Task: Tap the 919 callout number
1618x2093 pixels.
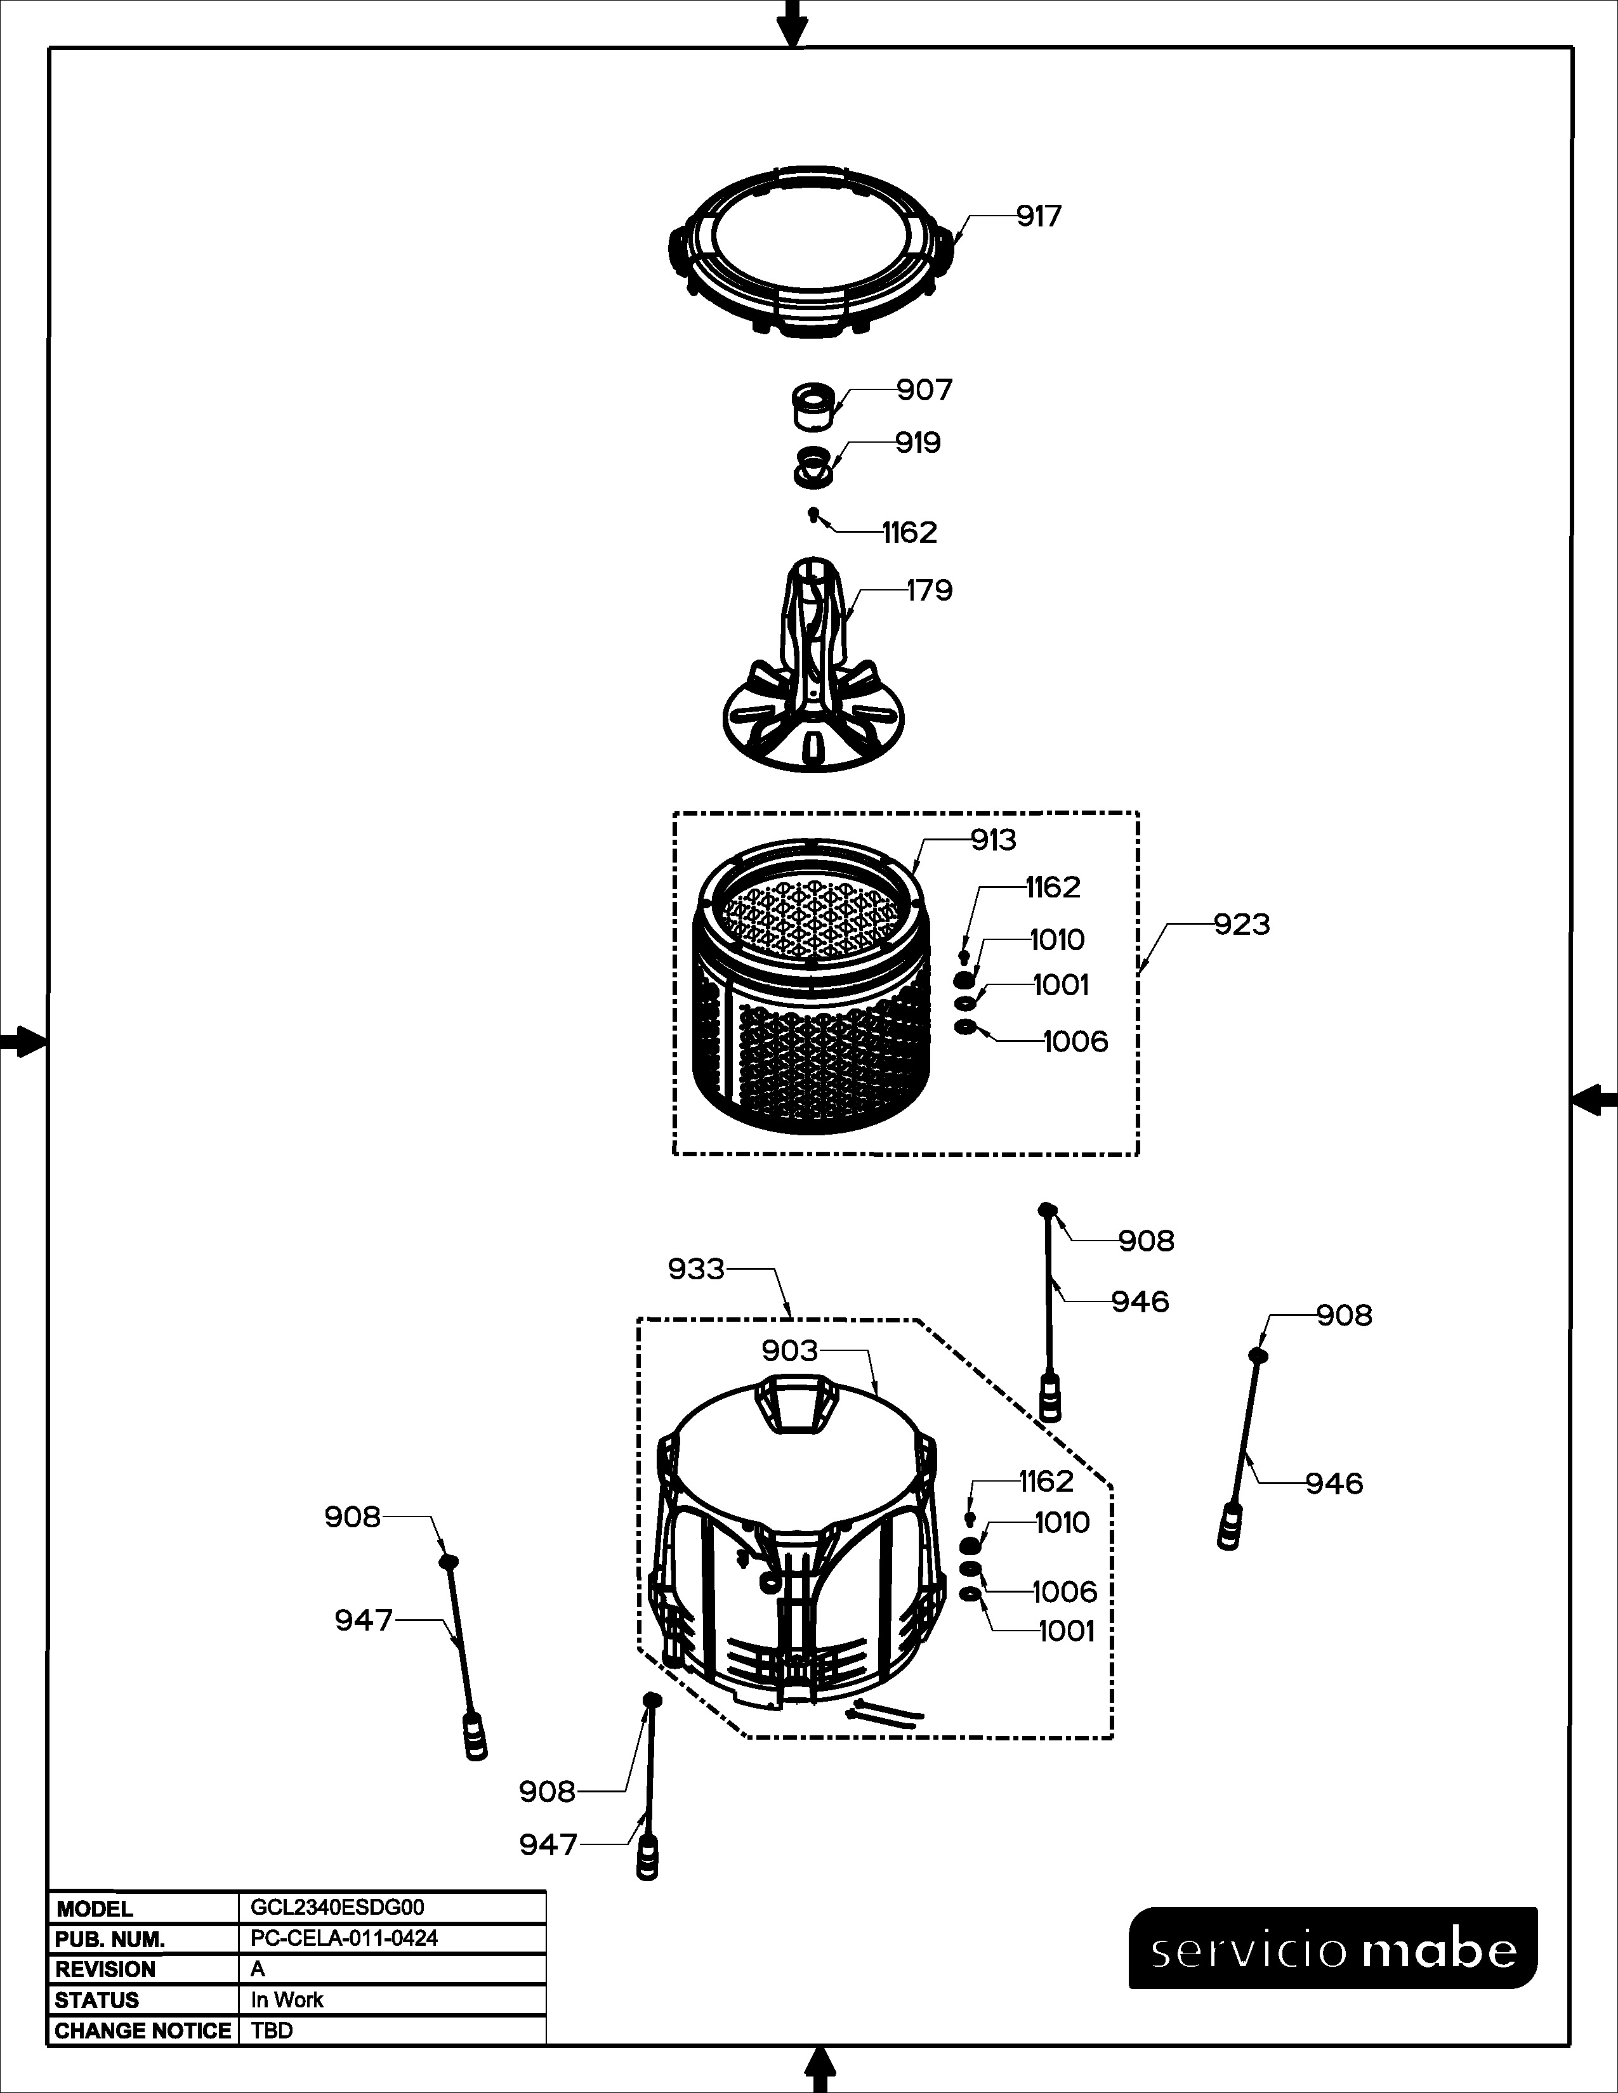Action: [918, 443]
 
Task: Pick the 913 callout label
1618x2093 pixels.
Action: [993, 840]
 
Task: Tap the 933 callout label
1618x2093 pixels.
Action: [696, 1269]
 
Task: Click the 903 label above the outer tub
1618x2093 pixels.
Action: [790, 1350]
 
